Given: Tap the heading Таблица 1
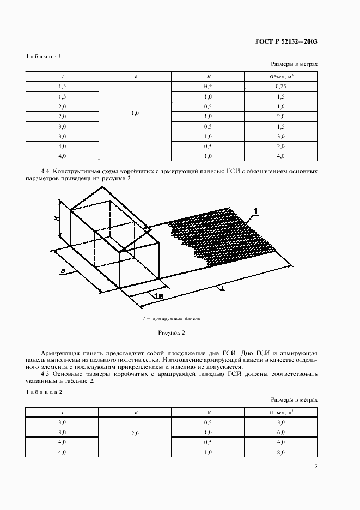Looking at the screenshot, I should pyautogui.click(x=45, y=56).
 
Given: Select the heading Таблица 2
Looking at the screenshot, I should pyautogui.click(x=45, y=392).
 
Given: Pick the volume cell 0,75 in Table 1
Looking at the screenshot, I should pyautogui.click(x=280, y=86).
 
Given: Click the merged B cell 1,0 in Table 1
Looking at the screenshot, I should pyautogui.click(x=136, y=113).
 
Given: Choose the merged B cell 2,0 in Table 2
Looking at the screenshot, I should pyautogui.click(x=136, y=433).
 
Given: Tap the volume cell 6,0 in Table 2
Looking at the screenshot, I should pyautogui.click(x=280, y=433).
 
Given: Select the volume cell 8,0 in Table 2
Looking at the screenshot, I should pyautogui.click(x=280, y=453).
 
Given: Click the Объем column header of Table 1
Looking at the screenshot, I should pyautogui.click(x=280, y=76).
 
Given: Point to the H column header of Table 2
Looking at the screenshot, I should pyautogui.click(x=209, y=413).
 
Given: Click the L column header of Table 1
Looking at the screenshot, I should pyautogui.click(x=62, y=77).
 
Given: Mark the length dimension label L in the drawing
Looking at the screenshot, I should pyautogui.click(x=222, y=288).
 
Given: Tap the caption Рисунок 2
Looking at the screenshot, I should pyautogui.click(x=172, y=332).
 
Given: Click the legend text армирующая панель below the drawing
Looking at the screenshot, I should pyautogui.click(x=174, y=318).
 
